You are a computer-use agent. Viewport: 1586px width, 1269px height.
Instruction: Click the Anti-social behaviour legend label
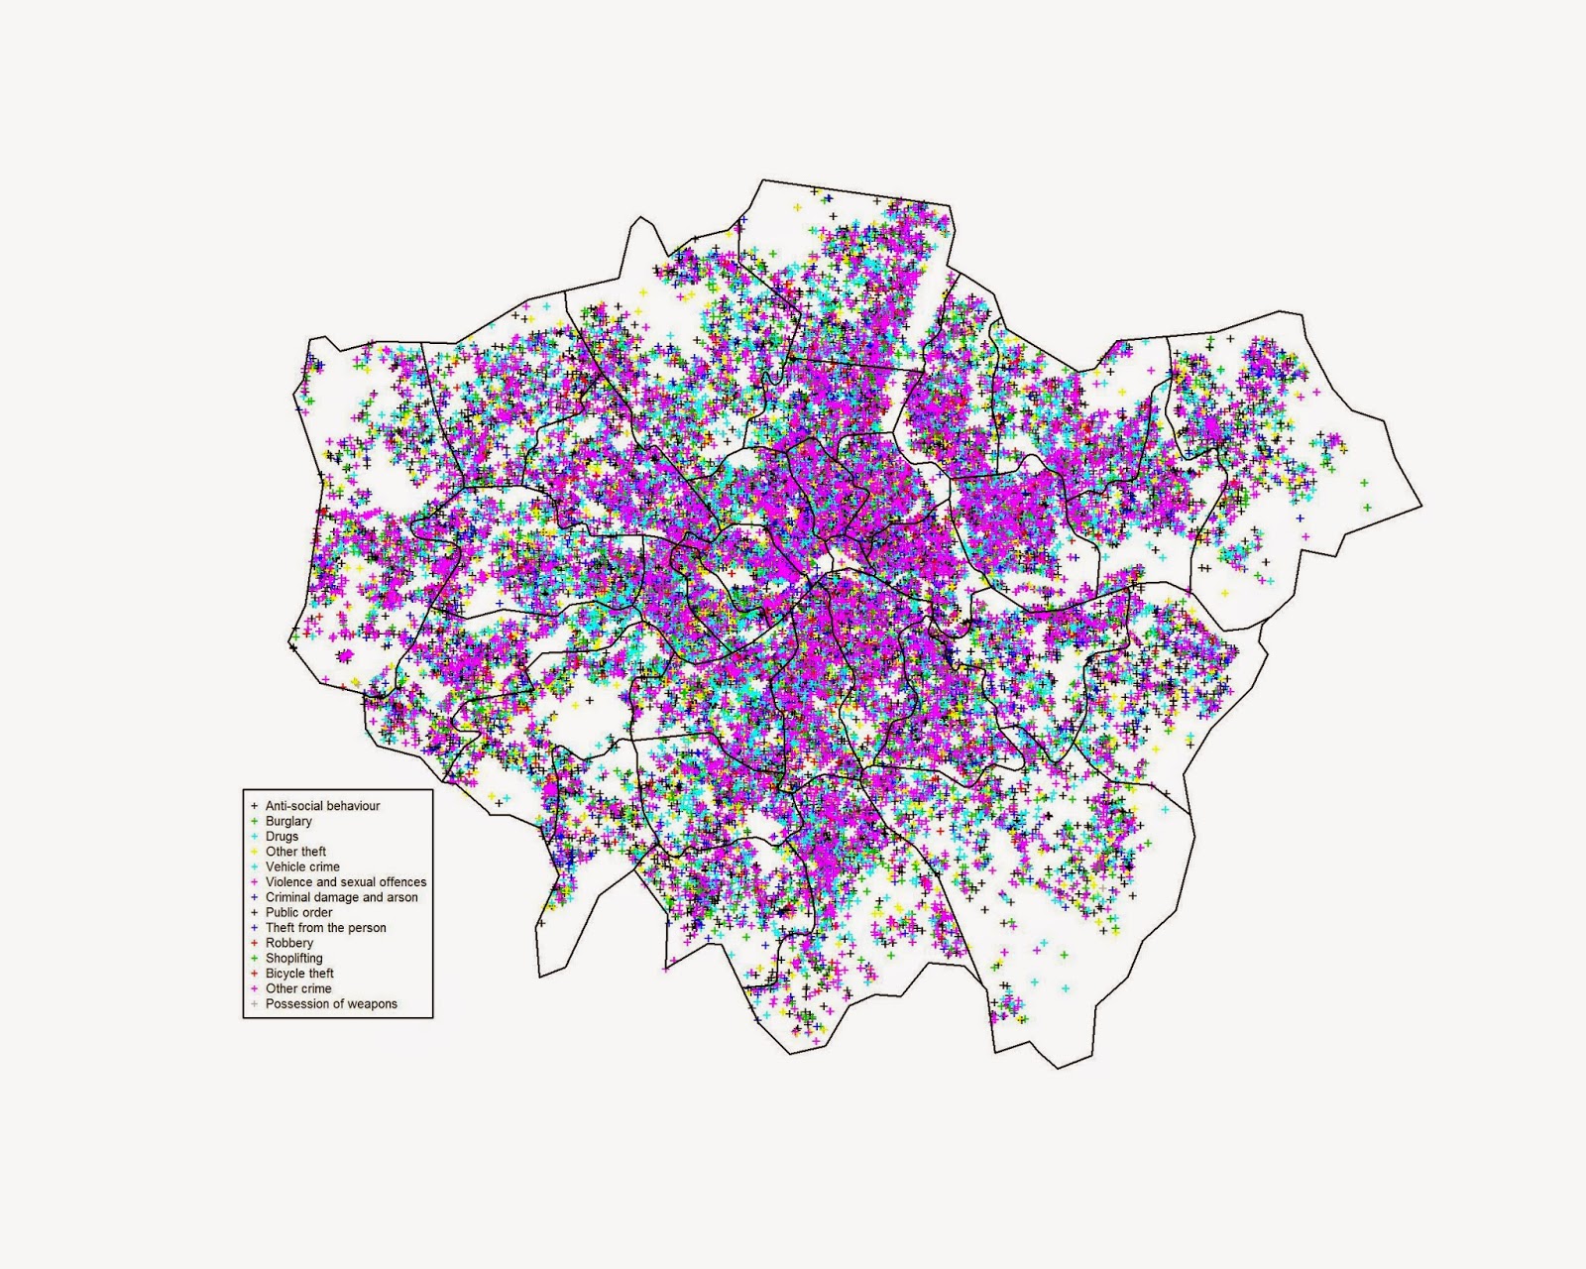[322, 806]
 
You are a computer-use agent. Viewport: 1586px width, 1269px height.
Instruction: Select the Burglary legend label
[288, 821]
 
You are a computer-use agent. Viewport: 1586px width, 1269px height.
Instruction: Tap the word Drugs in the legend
[282, 837]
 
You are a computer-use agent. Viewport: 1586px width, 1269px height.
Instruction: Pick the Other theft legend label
[295, 852]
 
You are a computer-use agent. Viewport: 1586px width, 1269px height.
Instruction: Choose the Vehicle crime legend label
[302, 866]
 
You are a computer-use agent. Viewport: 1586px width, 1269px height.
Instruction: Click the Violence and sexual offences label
[346, 882]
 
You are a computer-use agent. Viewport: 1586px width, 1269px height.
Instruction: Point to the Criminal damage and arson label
[341, 897]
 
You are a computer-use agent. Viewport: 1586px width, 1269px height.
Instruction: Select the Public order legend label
[298, 912]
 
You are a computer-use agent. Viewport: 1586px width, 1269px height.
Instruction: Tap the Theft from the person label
[325, 928]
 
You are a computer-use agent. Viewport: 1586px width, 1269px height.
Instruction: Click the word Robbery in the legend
[288, 943]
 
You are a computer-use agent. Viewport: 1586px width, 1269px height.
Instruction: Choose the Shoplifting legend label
[293, 959]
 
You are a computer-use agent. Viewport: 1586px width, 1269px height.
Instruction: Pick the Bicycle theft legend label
[299, 974]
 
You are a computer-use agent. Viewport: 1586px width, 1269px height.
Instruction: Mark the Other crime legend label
[298, 988]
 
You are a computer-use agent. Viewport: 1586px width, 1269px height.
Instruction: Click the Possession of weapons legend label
[331, 1004]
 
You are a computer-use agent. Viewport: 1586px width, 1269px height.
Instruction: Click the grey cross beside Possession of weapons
[255, 1004]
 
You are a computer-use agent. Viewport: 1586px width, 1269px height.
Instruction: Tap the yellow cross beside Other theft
[255, 852]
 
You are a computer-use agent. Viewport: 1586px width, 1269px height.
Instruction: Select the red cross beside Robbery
[255, 943]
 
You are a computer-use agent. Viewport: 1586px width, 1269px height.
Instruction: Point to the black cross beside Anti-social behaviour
[255, 806]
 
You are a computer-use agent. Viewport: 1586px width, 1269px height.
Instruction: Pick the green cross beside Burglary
[255, 821]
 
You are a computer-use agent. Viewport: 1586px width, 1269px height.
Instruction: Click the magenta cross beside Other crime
[255, 988]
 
